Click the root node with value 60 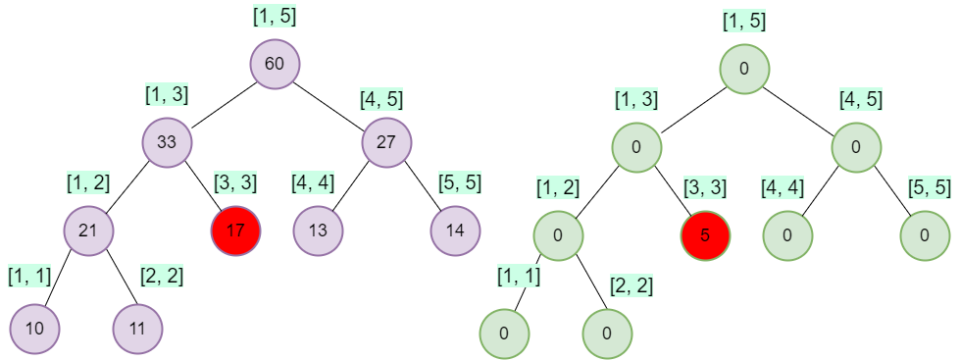pyautogui.click(x=275, y=65)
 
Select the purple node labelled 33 pyautogui.click(x=167, y=141)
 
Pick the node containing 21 pyautogui.click(x=88, y=231)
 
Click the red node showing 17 pyautogui.click(x=235, y=231)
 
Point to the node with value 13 pyautogui.click(x=318, y=231)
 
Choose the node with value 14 pyautogui.click(x=455, y=231)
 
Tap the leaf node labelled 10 pyautogui.click(x=34, y=328)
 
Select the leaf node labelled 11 pyautogui.click(x=137, y=328)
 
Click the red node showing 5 pyautogui.click(x=705, y=236)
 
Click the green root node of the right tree pyautogui.click(x=744, y=70)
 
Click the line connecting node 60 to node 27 pyautogui.click(x=330, y=103)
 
